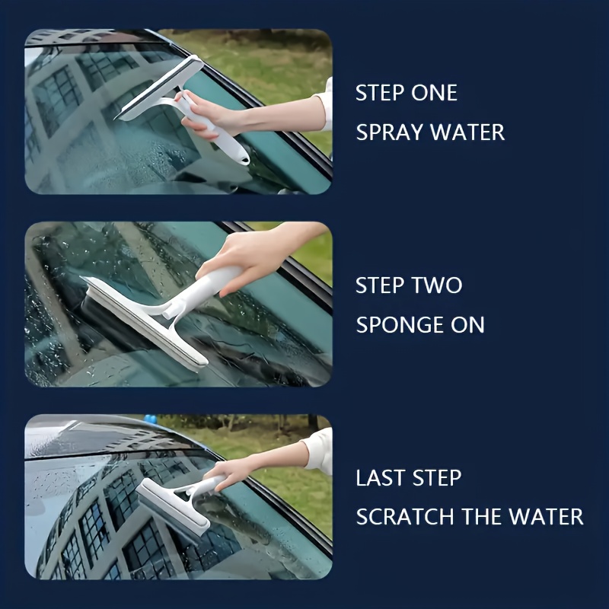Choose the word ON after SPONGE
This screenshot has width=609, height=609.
click(465, 325)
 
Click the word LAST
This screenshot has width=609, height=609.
click(380, 478)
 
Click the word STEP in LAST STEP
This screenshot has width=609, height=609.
click(436, 478)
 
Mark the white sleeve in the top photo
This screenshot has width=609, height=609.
click(326, 103)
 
